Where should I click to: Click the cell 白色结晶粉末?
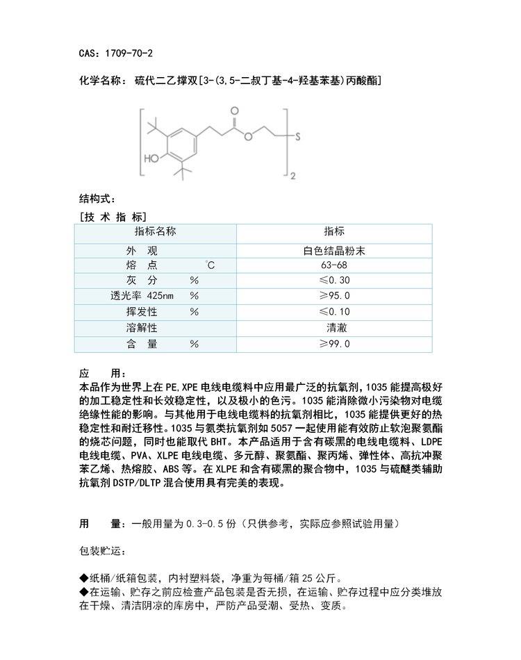point(334,251)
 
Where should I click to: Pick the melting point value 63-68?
point(334,266)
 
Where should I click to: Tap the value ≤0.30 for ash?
point(334,281)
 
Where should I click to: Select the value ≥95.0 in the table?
point(334,297)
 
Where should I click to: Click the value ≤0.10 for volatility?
point(334,312)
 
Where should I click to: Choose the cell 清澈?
point(334,327)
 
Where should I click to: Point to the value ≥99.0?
point(334,343)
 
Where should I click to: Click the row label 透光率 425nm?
point(135,297)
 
